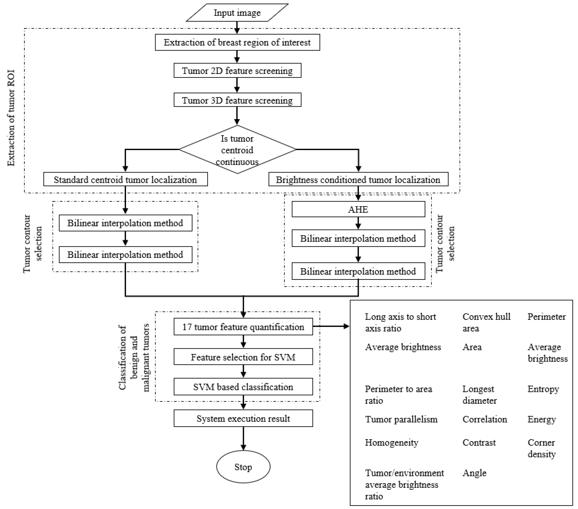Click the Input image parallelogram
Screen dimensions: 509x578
[237, 13]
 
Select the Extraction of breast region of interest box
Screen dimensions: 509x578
[237, 42]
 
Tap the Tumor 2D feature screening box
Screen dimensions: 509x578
[237, 71]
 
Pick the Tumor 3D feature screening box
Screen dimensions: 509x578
[237, 100]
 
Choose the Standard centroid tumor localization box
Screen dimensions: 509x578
[125, 179]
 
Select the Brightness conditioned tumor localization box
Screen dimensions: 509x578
[358, 179]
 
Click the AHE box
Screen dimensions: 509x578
[358, 209]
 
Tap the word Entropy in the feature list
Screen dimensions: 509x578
[543, 389]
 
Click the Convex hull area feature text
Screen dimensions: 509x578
[486, 322]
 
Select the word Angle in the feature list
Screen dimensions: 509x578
[474, 473]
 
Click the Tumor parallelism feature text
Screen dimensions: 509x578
[401, 419]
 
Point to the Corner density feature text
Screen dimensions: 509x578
[541, 448]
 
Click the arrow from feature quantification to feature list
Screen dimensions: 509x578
[331, 326]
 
